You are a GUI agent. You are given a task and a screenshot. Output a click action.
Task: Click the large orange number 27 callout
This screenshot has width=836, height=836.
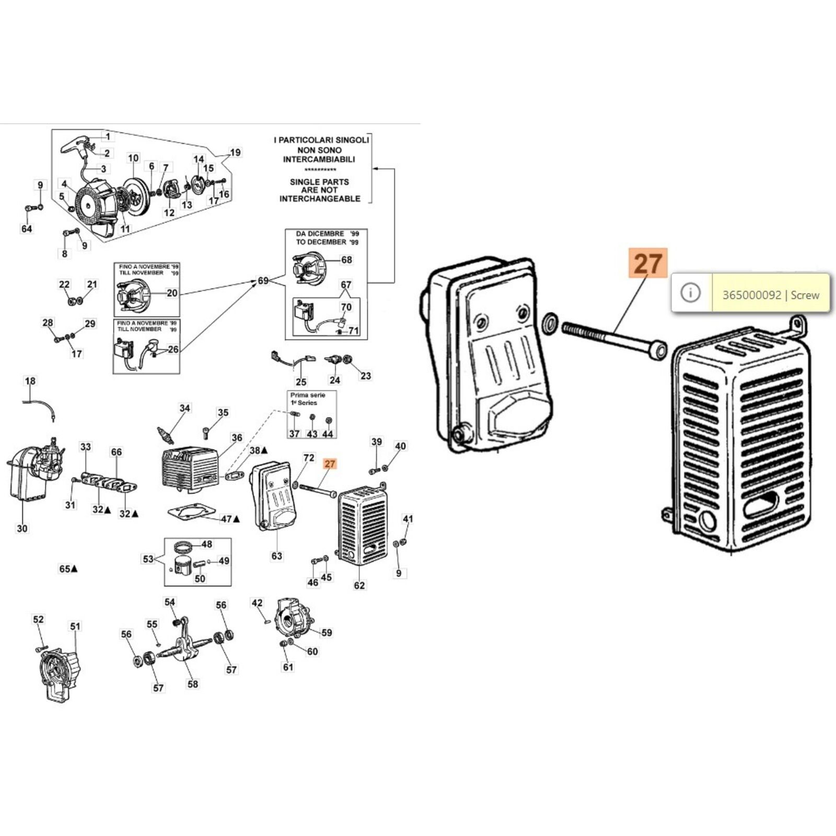(648, 263)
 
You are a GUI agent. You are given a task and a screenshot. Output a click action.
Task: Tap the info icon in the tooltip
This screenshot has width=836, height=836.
(691, 293)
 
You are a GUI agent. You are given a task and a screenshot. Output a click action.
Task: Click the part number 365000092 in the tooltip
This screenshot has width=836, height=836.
(751, 295)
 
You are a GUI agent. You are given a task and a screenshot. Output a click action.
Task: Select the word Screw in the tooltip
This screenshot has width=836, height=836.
(805, 295)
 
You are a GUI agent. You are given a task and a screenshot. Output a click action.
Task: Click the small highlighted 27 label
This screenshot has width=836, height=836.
(330, 464)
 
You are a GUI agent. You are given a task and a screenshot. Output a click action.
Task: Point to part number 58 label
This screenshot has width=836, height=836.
(193, 684)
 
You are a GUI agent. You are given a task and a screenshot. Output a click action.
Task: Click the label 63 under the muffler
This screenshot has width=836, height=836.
(276, 556)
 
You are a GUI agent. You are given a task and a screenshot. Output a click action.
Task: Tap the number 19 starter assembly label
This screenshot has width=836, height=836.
(235, 153)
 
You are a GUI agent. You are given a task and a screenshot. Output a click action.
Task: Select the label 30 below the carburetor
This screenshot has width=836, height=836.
(22, 528)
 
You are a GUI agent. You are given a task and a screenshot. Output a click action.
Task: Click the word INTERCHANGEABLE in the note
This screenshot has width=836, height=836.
(320, 199)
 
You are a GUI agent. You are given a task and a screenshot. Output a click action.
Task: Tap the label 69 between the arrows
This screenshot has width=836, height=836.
(263, 281)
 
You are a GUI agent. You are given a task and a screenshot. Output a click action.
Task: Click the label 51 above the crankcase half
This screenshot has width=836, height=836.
(76, 626)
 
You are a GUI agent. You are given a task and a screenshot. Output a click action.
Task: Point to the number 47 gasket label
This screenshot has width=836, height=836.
(227, 519)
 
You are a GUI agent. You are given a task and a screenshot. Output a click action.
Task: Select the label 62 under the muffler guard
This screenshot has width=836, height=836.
(359, 586)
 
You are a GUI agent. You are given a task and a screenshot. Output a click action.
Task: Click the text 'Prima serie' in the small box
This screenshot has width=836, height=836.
(308, 395)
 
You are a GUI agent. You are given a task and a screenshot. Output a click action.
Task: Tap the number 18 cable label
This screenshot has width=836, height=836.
(30, 381)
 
